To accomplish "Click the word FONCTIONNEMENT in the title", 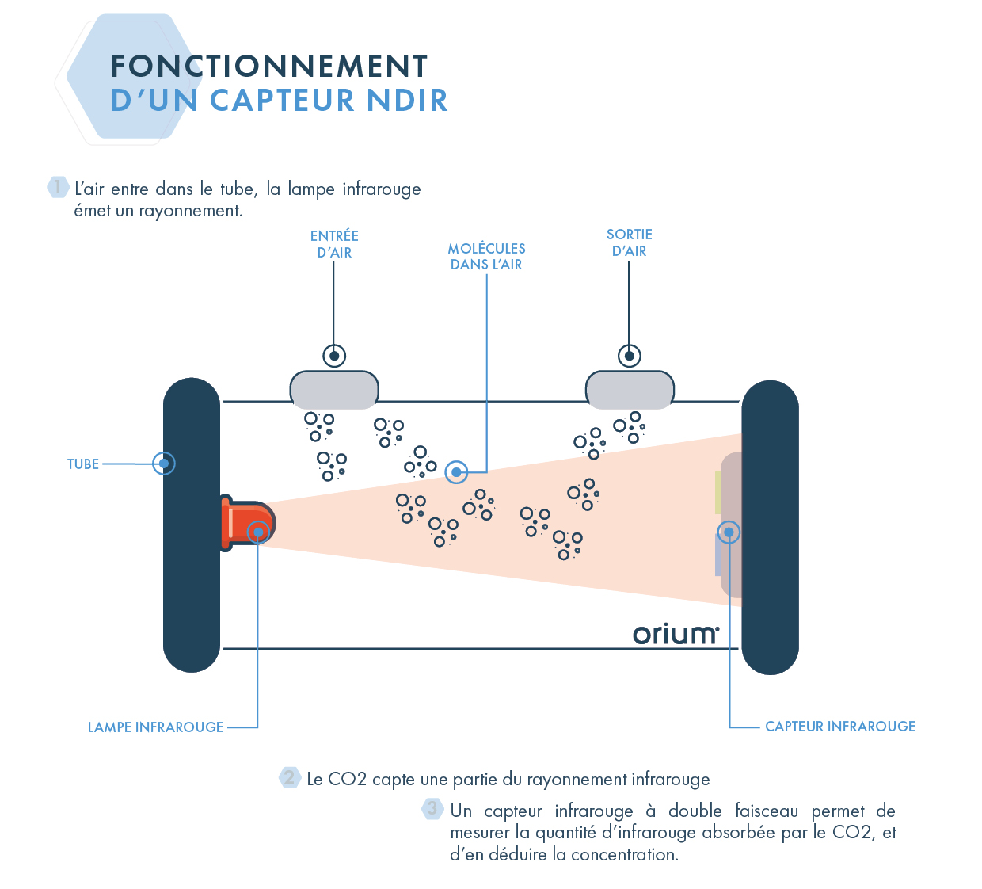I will (269, 66).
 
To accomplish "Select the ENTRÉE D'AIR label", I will (334, 244).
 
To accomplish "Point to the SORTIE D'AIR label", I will (630, 242).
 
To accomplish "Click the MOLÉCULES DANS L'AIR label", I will (486, 257).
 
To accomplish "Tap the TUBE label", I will (83, 464).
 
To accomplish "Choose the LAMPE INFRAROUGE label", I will (155, 727).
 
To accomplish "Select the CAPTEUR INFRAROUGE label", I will (839, 727).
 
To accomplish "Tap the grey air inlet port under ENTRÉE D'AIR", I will (334, 390).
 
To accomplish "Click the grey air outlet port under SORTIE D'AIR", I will (630, 390).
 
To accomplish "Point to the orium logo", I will (676, 634).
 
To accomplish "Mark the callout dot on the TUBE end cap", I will (164, 464).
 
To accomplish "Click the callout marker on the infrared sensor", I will (729, 532).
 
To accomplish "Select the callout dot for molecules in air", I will (456, 472).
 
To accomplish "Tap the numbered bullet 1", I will (58, 187).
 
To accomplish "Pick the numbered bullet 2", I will (290, 777).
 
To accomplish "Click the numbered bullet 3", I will (432, 809).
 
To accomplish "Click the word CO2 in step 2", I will (347, 780).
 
